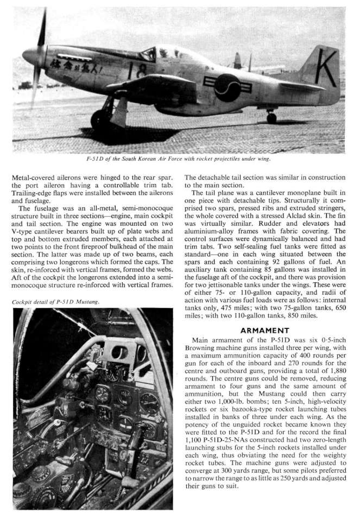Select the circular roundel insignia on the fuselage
pyautogui.click(x=227, y=87)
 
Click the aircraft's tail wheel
pyautogui.click(x=271, y=117)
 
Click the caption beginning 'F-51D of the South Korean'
pyautogui.click(x=180, y=158)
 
